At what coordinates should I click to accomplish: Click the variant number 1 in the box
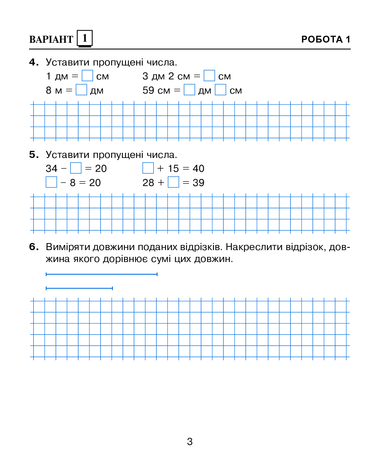pyautogui.click(x=85, y=38)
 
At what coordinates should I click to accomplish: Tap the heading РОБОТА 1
pyautogui.click(x=325, y=39)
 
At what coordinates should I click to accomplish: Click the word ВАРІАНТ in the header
pyautogui.click(x=51, y=39)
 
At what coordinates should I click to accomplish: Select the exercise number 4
pyautogui.click(x=33, y=62)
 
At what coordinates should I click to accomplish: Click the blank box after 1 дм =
pyautogui.click(x=87, y=76)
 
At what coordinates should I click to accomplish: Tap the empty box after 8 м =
pyautogui.click(x=81, y=90)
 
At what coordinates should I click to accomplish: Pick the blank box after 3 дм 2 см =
pyautogui.click(x=209, y=76)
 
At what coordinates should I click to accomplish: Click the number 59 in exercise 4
pyautogui.click(x=148, y=90)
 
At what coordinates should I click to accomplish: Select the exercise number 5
pyautogui.click(x=33, y=155)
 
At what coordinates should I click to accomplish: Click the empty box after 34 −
pyautogui.click(x=76, y=168)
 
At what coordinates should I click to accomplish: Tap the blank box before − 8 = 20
pyautogui.click(x=51, y=182)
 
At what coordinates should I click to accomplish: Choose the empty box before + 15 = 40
pyautogui.click(x=148, y=168)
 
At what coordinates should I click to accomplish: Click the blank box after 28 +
pyautogui.click(x=173, y=182)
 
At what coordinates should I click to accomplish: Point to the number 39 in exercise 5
pyautogui.click(x=198, y=183)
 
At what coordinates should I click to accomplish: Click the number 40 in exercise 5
pyautogui.click(x=198, y=169)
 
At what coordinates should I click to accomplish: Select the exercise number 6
pyautogui.click(x=33, y=247)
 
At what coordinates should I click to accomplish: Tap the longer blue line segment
pyautogui.click(x=102, y=274)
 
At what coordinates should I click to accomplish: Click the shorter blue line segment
pyautogui.click(x=79, y=288)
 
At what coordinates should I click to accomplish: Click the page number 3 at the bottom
pyautogui.click(x=190, y=441)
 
